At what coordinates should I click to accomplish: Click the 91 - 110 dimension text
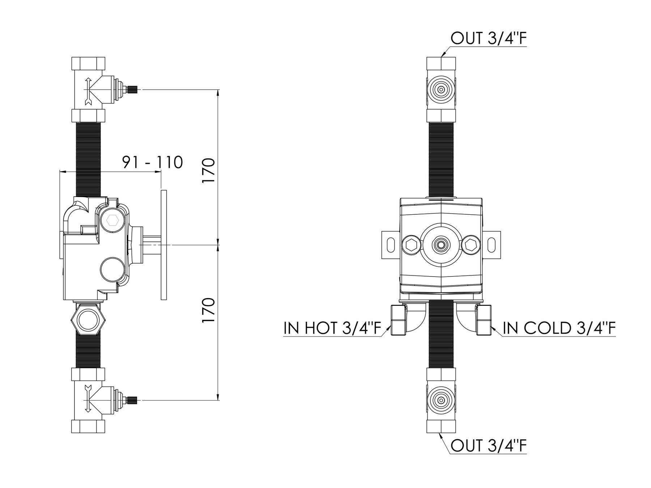152,162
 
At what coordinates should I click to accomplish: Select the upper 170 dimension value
209,171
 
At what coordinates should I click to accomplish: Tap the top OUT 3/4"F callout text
488,38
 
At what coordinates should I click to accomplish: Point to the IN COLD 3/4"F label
559,329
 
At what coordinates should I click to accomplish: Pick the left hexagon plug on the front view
410,245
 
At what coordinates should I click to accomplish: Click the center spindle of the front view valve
441,245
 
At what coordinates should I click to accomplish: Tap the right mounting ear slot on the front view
492,245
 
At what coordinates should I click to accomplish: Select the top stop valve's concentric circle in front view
441,89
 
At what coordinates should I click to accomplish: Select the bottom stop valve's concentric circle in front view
441,400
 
